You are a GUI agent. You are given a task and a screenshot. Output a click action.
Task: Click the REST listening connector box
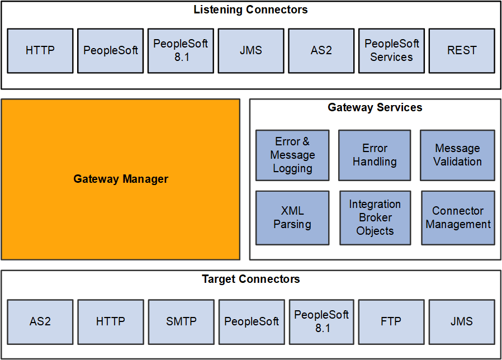click(x=462, y=50)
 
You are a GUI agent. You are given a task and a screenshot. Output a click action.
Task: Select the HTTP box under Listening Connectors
click(x=40, y=50)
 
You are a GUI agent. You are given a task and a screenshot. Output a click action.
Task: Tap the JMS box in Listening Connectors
click(x=250, y=50)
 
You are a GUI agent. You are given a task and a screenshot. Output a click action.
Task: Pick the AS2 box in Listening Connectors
click(x=321, y=50)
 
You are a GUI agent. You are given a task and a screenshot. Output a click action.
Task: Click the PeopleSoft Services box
click(x=391, y=50)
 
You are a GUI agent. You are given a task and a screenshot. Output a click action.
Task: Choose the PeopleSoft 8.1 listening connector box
click(x=181, y=50)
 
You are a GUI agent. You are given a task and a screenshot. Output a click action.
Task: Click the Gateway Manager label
click(x=121, y=179)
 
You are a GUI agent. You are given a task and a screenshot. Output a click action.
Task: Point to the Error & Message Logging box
click(x=292, y=155)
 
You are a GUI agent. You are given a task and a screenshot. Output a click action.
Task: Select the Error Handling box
click(x=375, y=155)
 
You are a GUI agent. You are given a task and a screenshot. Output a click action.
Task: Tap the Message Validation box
click(x=457, y=155)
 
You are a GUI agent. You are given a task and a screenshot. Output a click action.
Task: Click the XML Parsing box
click(x=292, y=217)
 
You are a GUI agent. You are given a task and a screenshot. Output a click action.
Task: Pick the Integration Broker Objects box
click(x=375, y=217)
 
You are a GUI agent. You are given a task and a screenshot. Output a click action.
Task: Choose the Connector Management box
click(x=458, y=217)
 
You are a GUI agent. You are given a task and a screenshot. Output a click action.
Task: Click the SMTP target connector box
click(x=181, y=321)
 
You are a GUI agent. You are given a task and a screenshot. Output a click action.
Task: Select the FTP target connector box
click(x=391, y=321)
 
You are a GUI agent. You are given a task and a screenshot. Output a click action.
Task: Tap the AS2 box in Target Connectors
click(x=40, y=321)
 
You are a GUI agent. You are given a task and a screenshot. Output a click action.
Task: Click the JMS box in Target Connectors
click(x=462, y=321)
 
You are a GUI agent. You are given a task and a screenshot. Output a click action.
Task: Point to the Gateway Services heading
click(x=375, y=107)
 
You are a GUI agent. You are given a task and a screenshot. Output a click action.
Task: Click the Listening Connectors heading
click(x=250, y=10)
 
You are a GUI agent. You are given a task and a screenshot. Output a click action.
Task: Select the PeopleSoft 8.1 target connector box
click(x=321, y=321)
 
